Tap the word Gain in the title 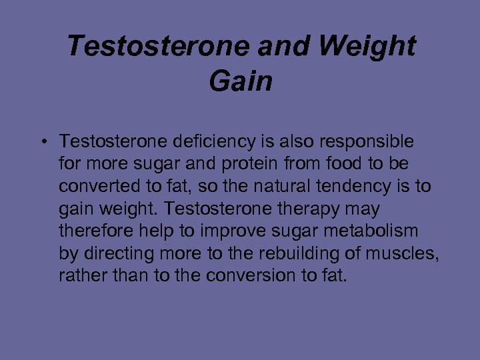pyautogui.click(x=241, y=81)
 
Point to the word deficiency pyautogui.click(x=210, y=142)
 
